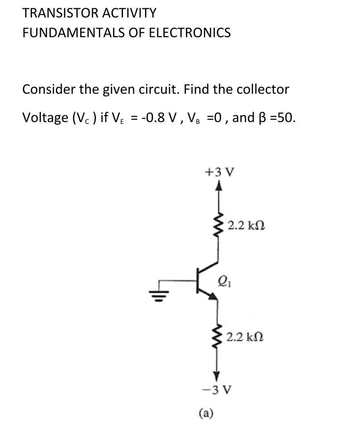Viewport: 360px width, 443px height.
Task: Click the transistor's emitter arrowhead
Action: [x=213, y=298]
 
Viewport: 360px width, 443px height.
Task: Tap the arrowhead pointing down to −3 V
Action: [x=217, y=374]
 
